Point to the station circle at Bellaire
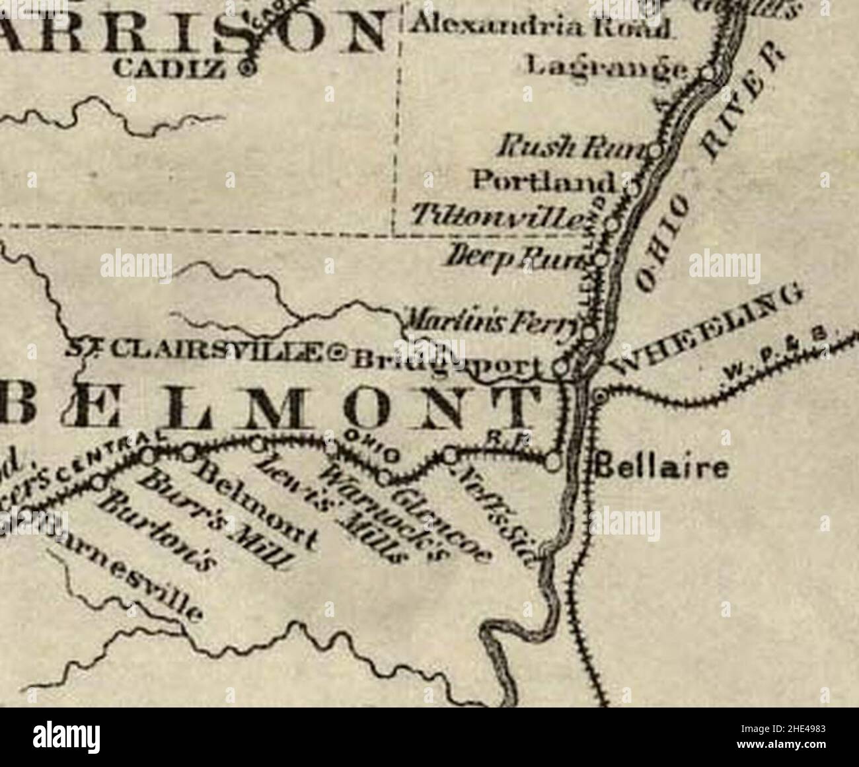click(x=554, y=462)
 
